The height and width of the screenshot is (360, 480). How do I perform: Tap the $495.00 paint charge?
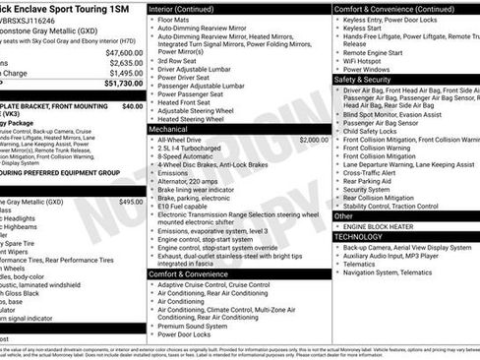coord(131,201)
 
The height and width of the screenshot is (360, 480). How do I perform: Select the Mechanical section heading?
coord(168,129)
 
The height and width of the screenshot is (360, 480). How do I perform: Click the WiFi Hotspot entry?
coord(367,58)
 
